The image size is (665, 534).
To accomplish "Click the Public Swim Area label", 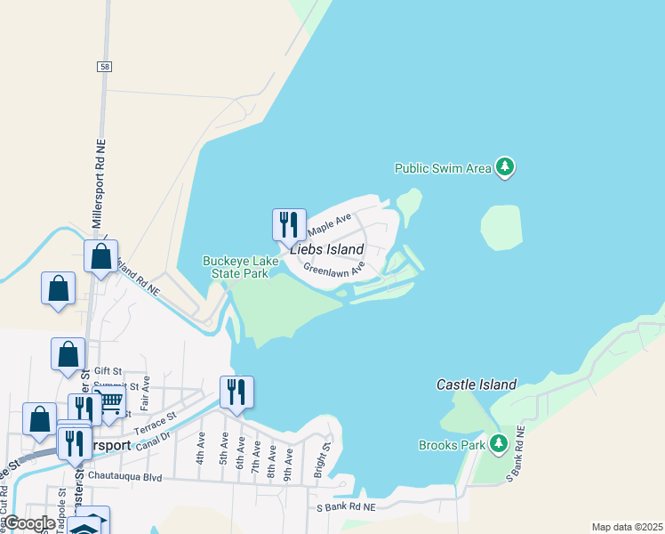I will click(443, 167).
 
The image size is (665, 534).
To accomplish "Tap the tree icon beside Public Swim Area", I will click(505, 166).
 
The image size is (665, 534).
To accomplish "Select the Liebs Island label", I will click(326, 249).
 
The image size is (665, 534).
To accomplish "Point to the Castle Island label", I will click(477, 384).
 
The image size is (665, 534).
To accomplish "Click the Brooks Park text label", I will click(452, 445).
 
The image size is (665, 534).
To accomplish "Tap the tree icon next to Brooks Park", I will click(499, 443).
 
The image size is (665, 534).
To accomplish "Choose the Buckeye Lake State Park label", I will click(236, 267).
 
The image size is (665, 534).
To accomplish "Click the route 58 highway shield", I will click(105, 67).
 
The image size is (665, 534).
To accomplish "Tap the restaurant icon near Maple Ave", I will click(289, 223).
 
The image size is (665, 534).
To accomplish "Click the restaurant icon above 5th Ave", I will click(236, 391).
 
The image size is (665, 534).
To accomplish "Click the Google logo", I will click(29, 523).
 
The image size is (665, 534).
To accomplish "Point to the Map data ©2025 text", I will click(626, 527).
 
